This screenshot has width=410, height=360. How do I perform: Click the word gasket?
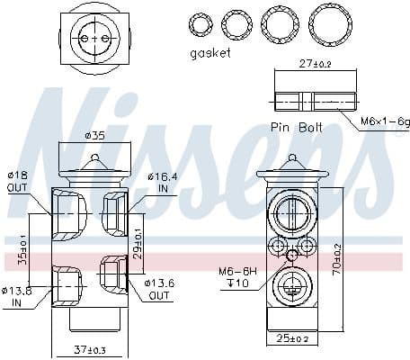pyautogui.click(x=210, y=53)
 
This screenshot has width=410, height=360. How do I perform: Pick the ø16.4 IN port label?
pyautogui.click(x=161, y=184)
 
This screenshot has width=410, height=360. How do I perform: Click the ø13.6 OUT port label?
pyautogui.click(x=160, y=289)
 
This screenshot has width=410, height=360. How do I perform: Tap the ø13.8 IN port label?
pyautogui.click(x=18, y=296)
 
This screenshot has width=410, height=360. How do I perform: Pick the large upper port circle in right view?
pyautogui.click(x=291, y=214)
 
